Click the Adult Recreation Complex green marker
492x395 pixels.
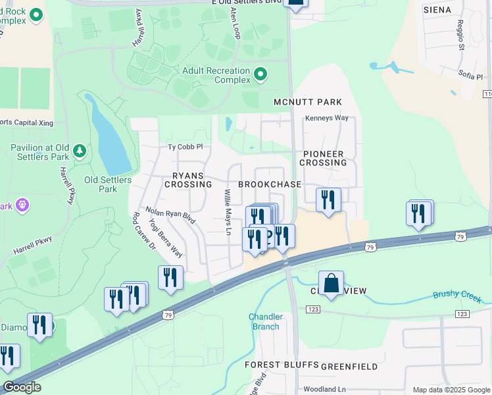(260, 75)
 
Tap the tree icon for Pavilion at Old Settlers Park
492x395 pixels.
(80, 152)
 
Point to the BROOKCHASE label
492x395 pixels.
(269, 185)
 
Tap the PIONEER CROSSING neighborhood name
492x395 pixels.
(324, 158)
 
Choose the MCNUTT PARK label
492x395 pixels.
(308, 102)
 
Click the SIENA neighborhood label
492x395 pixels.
(437, 10)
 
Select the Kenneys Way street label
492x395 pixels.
(326, 118)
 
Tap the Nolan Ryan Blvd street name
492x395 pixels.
(170, 214)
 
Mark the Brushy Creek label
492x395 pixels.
(458, 294)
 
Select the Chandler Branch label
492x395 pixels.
(266, 321)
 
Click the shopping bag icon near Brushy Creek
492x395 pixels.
(332, 284)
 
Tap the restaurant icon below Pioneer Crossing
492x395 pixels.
(328, 199)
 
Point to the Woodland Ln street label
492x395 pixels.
(324, 389)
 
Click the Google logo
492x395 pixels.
(22, 387)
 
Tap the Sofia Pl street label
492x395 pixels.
(470, 77)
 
